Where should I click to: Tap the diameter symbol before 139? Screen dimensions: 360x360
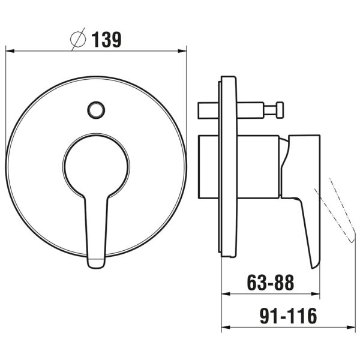pos(78,40)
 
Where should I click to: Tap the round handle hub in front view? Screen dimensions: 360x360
pos(96,166)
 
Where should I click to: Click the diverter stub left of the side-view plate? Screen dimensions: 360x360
pos(208,110)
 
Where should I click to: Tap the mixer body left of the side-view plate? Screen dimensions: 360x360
pos(209,166)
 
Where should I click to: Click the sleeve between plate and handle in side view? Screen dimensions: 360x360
pos(258,166)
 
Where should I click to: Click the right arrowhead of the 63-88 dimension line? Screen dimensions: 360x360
pos(316,294)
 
